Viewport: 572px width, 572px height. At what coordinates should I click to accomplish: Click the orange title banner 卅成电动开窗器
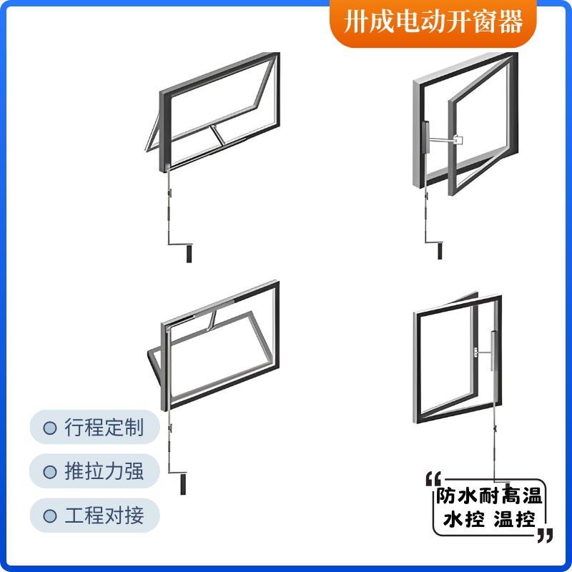click(x=433, y=23)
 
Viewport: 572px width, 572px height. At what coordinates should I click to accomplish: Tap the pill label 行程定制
click(x=95, y=427)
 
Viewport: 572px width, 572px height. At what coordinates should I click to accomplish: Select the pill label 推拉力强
click(x=95, y=471)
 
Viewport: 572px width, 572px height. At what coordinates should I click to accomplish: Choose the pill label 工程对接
click(x=95, y=515)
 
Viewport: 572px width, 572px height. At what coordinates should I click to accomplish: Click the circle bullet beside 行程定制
click(x=50, y=428)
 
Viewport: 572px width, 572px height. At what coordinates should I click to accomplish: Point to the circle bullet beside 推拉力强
click(x=50, y=472)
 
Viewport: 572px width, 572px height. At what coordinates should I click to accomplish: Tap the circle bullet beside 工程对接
click(x=50, y=516)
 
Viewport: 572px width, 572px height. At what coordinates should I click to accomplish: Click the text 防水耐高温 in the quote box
click(x=489, y=496)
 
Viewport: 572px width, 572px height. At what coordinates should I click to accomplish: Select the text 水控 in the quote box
click(x=464, y=519)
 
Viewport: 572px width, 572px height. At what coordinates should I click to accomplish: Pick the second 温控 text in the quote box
click(x=515, y=519)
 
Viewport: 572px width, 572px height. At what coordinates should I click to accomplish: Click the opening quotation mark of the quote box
click(x=433, y=478)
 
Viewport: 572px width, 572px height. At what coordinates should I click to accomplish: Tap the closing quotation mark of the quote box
click(x=546, y=535)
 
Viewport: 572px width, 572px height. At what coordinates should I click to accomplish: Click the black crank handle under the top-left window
click(x=189, y=254)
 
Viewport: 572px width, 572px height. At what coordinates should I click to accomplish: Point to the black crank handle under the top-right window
click(x=440, y=251)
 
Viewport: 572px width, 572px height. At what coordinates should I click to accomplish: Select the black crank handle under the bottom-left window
click(x=183, y=484)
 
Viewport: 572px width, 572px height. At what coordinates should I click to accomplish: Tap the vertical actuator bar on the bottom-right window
click(x=493, y=350)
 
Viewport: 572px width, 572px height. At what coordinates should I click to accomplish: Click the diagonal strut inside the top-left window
click(x=218, y=135)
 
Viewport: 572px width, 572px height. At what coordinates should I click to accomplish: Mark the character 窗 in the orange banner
click(x=485, y=22)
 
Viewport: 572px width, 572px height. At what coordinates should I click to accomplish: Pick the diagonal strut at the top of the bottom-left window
click(x=211, y=320)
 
